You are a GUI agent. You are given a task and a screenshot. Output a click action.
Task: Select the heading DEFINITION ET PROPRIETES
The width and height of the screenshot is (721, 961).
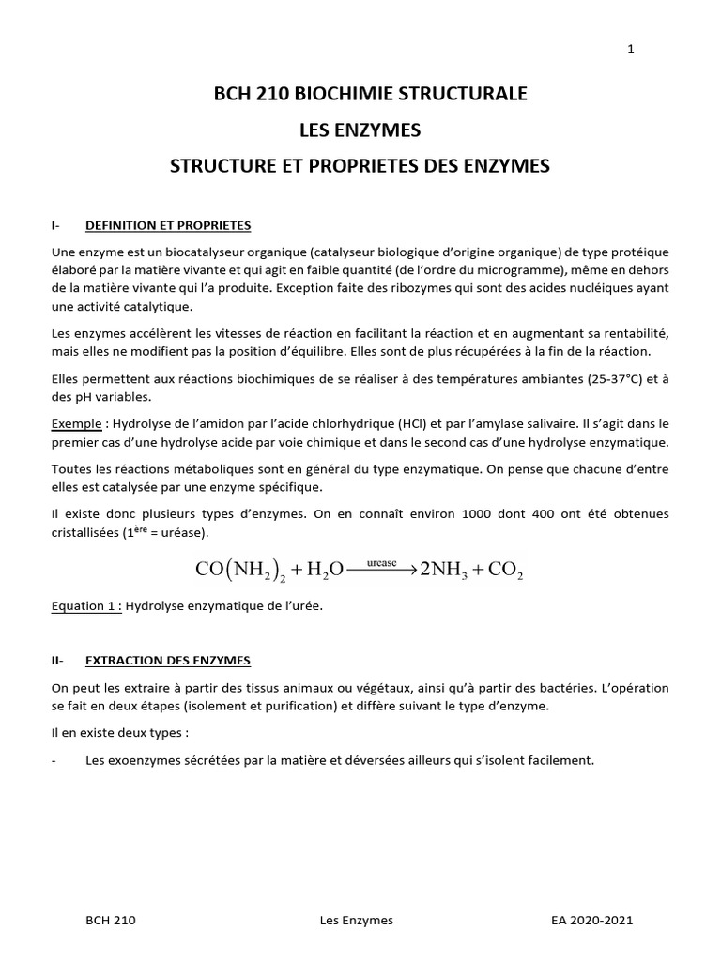(168, 226)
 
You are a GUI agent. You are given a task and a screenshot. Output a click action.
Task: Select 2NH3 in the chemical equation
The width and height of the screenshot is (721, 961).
(447, 569)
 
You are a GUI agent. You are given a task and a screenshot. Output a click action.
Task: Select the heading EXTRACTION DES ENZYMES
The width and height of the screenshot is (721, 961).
(167, 661)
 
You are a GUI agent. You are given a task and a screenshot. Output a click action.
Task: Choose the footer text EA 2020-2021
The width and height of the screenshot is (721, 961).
(592, 921)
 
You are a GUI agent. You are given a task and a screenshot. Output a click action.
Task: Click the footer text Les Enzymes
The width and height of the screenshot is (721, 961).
(356, 921)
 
